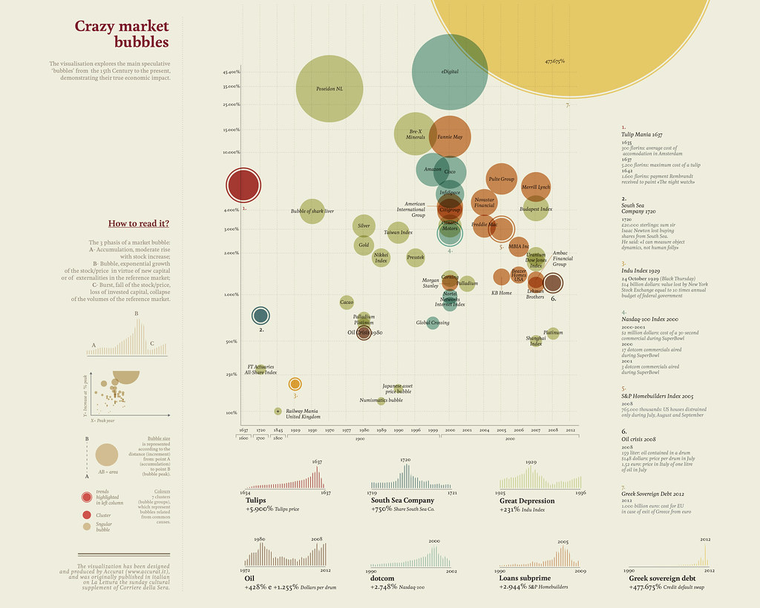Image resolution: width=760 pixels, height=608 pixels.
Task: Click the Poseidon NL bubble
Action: click(x=329, y=89)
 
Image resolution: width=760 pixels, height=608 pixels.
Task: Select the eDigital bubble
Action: click(x=449, y=72)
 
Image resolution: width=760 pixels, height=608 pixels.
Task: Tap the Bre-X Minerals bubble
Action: click(x=416, y=134)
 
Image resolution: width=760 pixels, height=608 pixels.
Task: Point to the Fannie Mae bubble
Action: click(x=450, y=137)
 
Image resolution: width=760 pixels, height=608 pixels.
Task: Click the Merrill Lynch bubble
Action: click(x=536, y=188)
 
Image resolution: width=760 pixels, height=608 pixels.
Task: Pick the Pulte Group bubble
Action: click(x=502, y=179)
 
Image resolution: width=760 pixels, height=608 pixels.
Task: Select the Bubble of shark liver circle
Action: click(x=312, y=211)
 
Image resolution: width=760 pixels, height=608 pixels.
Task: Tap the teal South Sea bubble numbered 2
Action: click(x=261, y=316)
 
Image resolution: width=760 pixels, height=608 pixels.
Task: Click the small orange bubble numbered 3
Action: click(x=295, y=384)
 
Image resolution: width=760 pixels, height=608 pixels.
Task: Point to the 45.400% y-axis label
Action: click(x=230, y=72)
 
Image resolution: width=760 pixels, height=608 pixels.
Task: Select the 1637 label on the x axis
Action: click(x=243, y=430)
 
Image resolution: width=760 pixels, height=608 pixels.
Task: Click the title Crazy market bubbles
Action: click(x=122, y=34)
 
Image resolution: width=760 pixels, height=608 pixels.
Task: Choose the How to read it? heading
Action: click(x=139, y=223)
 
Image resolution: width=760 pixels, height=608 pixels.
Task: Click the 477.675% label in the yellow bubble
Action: click(x=554, y=61)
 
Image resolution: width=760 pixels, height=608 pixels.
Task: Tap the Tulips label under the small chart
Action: click(x=256, y=500)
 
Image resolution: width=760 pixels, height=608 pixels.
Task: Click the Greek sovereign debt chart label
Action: click(x=662, y=578)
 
